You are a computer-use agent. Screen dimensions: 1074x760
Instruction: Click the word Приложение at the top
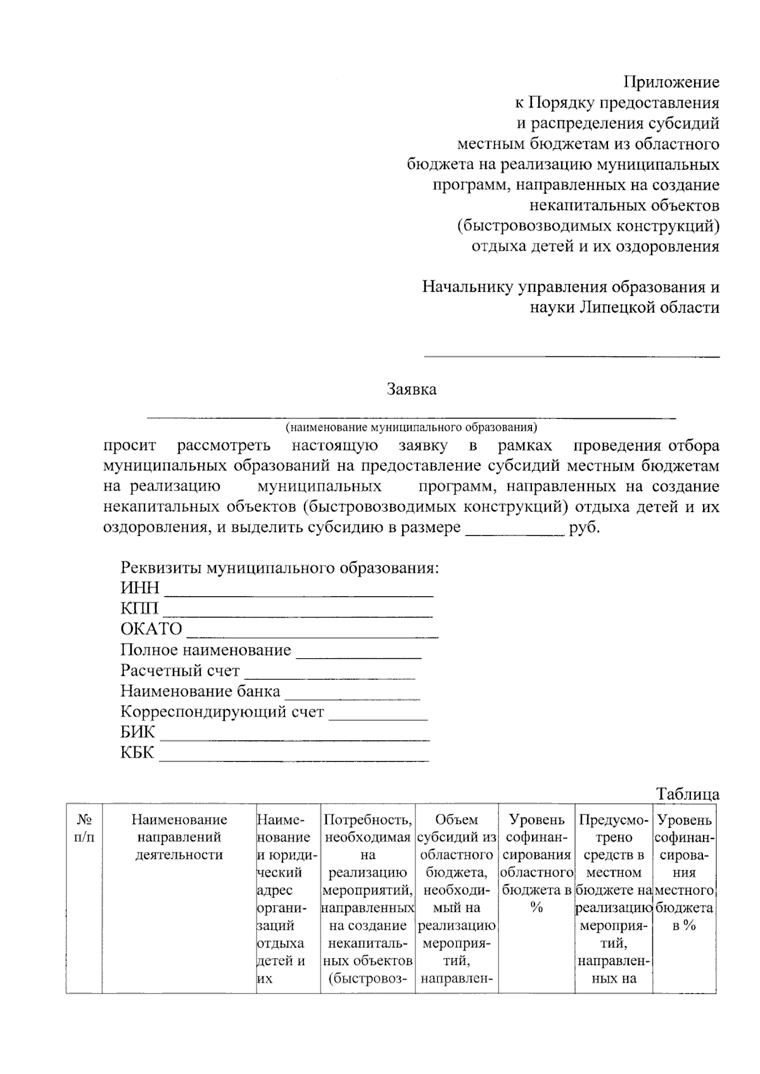671,82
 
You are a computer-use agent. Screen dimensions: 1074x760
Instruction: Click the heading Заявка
412,389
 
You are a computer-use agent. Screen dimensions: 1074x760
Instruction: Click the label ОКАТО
151,629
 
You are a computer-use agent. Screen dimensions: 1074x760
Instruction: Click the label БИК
137,732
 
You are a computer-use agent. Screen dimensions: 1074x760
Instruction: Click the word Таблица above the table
688,794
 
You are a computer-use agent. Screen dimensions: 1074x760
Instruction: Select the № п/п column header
84,828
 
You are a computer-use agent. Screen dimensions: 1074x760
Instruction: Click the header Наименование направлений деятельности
179,837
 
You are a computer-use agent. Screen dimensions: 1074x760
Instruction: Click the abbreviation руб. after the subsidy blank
584,527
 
